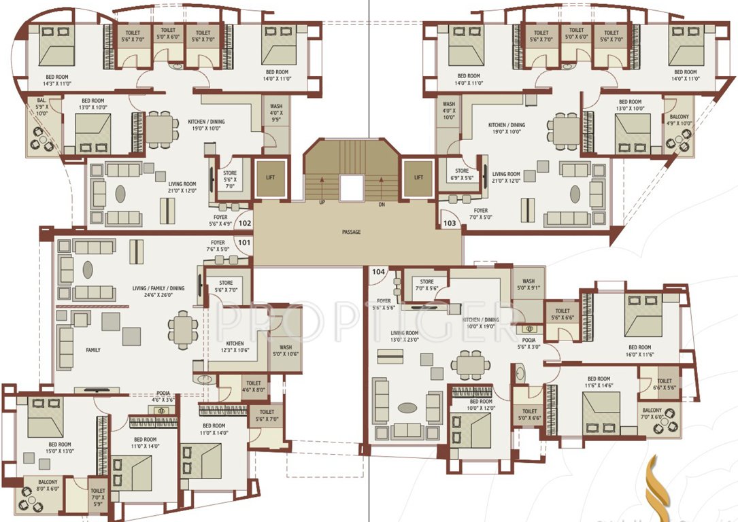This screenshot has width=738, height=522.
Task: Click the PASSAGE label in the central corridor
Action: click(x=351, y=232)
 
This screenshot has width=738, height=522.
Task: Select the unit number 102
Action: click(x=245, y=222)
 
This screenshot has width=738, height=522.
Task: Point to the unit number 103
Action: click(x=450, y=222)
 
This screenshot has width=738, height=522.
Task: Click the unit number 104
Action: click(x=378, y=272)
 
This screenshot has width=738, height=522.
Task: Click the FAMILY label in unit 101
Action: click(x=94, y=351)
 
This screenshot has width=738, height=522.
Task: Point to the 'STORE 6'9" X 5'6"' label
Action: click(x=462, y=175)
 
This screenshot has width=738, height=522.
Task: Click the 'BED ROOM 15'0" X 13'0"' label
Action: click(x=59, y=448)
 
